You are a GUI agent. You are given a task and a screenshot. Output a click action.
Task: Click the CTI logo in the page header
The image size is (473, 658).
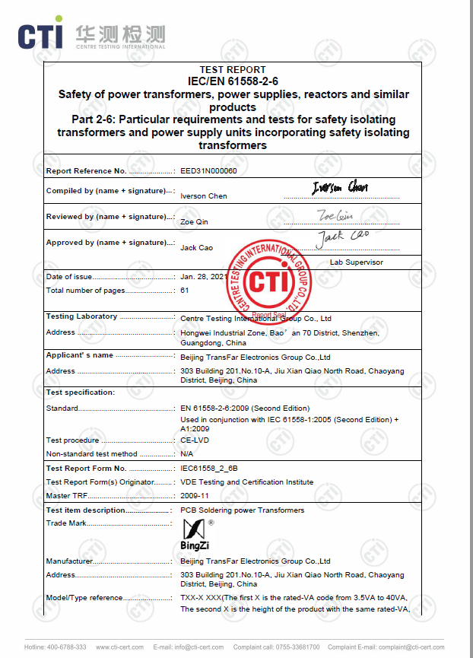[91, 35]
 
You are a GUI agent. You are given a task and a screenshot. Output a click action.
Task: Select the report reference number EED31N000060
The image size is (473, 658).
[208, 171]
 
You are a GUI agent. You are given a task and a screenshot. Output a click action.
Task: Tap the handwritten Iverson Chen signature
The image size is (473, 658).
[340, 187]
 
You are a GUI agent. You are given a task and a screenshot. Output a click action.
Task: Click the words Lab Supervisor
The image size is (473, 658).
[356, 262]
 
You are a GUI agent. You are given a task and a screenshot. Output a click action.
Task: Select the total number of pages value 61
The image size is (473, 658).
[184, 291]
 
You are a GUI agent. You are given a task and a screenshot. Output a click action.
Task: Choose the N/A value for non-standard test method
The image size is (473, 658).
[186, 454]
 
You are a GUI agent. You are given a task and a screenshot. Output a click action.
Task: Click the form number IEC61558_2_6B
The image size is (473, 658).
[204, 469]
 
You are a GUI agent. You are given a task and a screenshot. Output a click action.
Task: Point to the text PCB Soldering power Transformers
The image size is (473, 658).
[242, 510]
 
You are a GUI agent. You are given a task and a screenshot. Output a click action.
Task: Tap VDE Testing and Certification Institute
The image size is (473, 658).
[246, 482]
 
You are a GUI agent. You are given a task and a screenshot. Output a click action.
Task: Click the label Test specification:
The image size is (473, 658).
[81, 393]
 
